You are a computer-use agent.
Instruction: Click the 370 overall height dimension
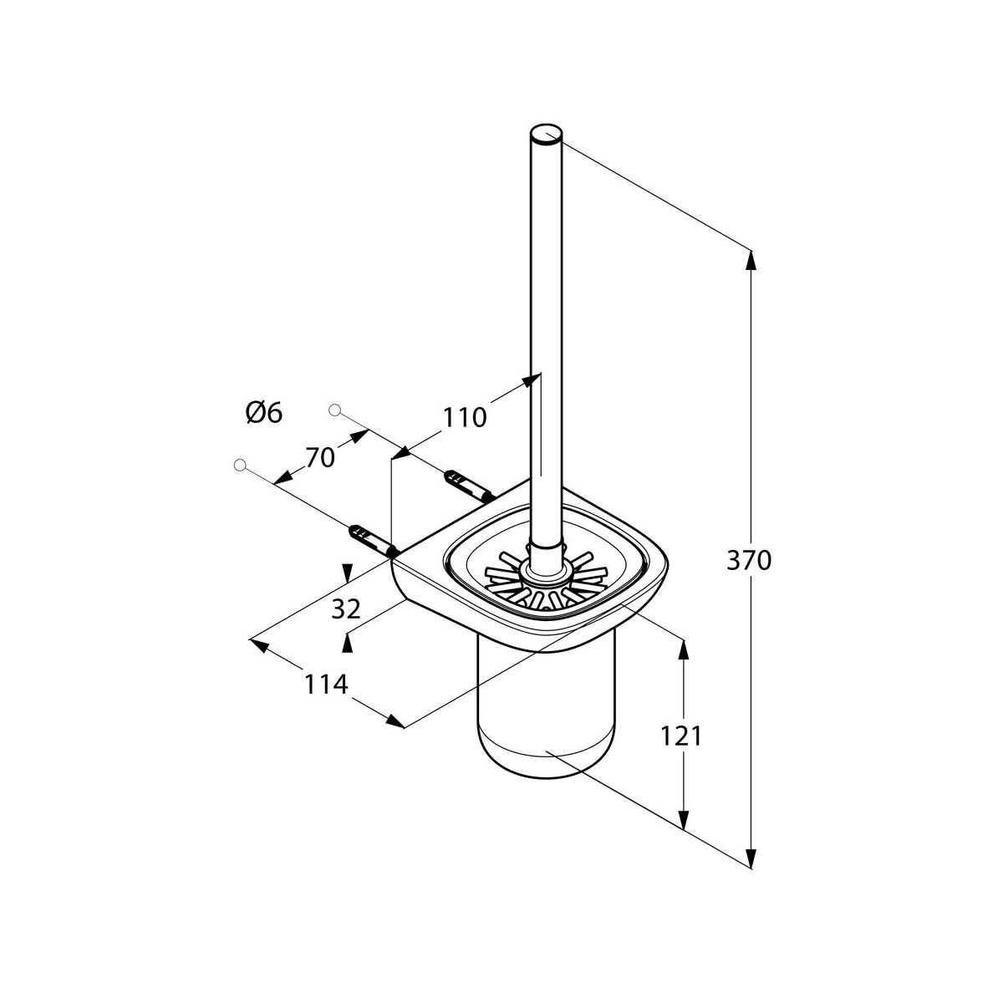[x=748, y=561]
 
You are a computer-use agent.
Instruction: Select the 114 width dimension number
[x=326, y=684]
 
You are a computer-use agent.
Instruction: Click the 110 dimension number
[x=464, y=417]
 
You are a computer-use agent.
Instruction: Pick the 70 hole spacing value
[x=319, y=458]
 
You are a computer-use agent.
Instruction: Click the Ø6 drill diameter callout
[x=264, y=414]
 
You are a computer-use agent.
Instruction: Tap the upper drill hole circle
[x=335, y=410]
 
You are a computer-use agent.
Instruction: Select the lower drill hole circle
[x=240, y=464]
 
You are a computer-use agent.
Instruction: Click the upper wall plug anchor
[x=469, y=486]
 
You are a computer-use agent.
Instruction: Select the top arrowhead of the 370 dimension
[x=750, y=260]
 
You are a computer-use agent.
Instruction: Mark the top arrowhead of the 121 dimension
[x=684, y=649]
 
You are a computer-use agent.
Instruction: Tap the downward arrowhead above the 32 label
[x=348, y=573]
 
